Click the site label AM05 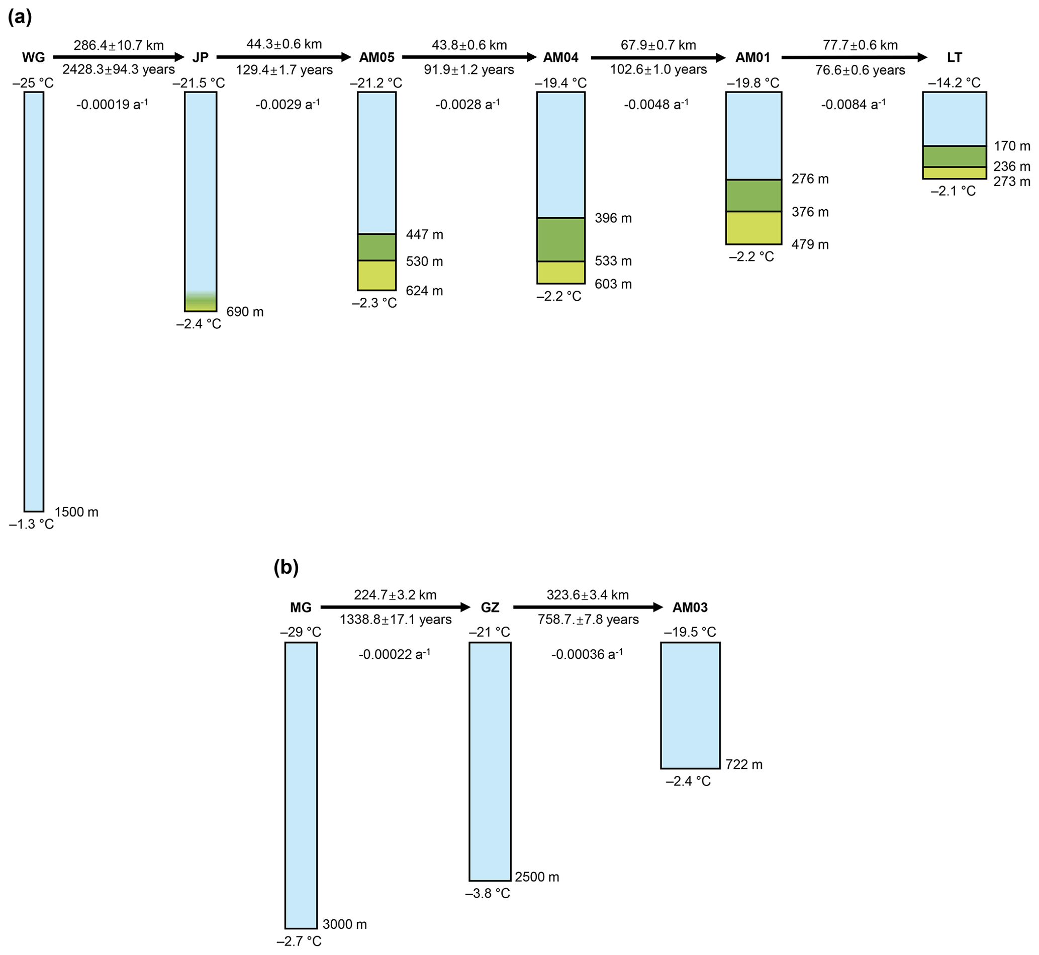tap(376, 57)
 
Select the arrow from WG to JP tap(118, 57)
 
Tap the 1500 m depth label tap(76, 512)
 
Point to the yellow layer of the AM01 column tap(753, 228)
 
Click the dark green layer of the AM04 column tap(561, 239)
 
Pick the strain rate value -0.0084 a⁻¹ tap(853, 105)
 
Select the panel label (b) tap(286, 567)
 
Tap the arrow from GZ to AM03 tap(588, 607)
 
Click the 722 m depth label tap(743, 764)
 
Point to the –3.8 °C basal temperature tap(488, 894)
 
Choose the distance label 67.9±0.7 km tap(658, 45)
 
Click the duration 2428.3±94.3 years tap(119, 69)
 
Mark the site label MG tap(301, 607)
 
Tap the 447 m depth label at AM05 tap(424, 235)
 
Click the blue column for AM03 tap(690, 706)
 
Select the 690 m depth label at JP tap(245, 312)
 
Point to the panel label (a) tap(20, 17)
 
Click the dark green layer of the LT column tap(955, 156)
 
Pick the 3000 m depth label tap(344, 924)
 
